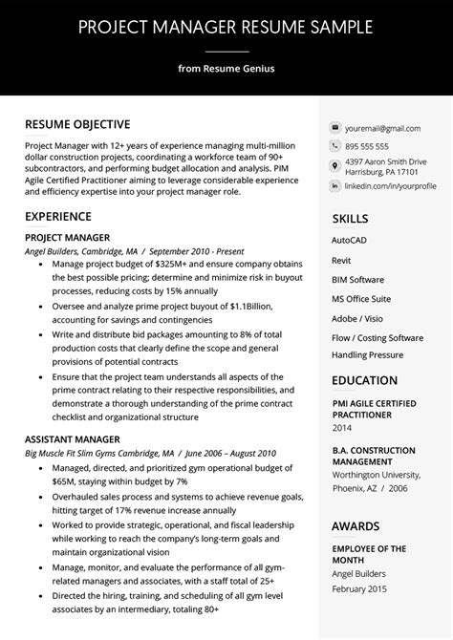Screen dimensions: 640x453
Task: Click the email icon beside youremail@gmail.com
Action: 335,127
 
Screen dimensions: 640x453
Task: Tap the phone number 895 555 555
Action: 367,146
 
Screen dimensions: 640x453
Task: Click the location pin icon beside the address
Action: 335,164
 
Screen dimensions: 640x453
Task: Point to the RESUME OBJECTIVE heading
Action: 77,124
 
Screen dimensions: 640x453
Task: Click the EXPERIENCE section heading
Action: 58,217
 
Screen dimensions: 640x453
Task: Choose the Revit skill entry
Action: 342,259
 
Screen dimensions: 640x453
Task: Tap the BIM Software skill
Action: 357,280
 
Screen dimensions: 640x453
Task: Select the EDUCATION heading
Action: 364,380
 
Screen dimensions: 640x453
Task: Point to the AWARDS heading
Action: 356,525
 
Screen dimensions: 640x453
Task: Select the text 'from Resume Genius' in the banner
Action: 226,68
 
